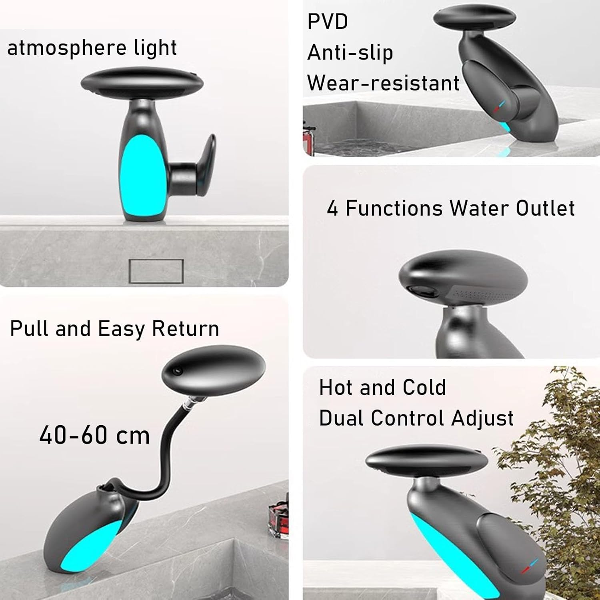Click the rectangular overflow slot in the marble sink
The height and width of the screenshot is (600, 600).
156,271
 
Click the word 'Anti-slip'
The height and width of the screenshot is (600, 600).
350,53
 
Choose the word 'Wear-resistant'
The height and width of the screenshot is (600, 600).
383,83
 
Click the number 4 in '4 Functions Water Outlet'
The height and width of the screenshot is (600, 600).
332,208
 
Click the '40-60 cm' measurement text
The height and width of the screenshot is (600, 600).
94,435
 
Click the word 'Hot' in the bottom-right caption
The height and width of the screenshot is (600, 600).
335,387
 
